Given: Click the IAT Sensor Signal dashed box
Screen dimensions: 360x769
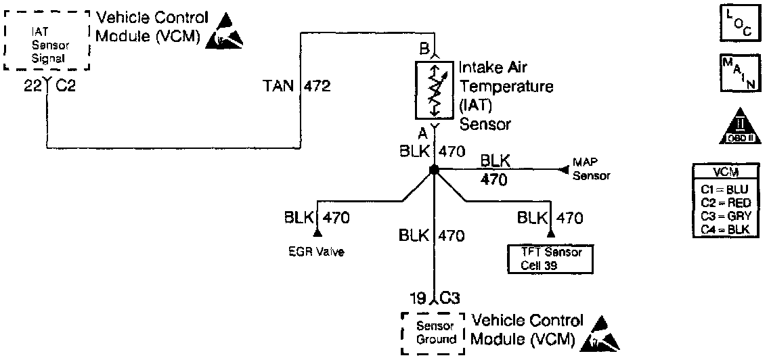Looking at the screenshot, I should click(x=47, y=40).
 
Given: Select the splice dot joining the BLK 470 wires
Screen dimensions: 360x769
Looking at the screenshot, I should click(x=434, y=171).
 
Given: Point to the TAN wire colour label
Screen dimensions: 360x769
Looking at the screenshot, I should click(x=279, y=87).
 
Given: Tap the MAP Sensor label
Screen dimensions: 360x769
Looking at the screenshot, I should click(x=591, y=169).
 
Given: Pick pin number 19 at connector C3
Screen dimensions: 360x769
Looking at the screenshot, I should click(x=420, y=297).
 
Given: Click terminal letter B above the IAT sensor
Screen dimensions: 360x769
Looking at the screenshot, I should click(x=424, y=49).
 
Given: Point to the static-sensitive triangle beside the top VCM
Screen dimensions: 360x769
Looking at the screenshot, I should click(x=227, y=40).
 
